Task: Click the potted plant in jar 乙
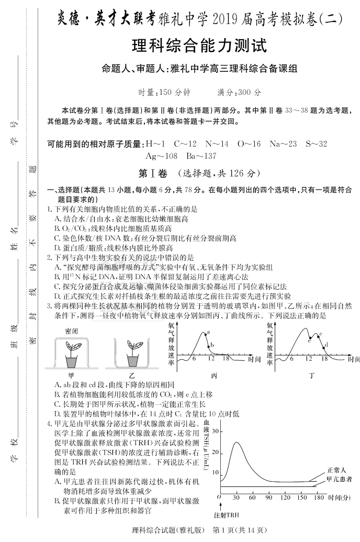tap(132, 352)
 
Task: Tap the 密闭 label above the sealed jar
tap(71, 330)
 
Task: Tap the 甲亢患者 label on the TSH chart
tap(339, 479)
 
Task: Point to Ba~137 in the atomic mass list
tap(201, 156)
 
